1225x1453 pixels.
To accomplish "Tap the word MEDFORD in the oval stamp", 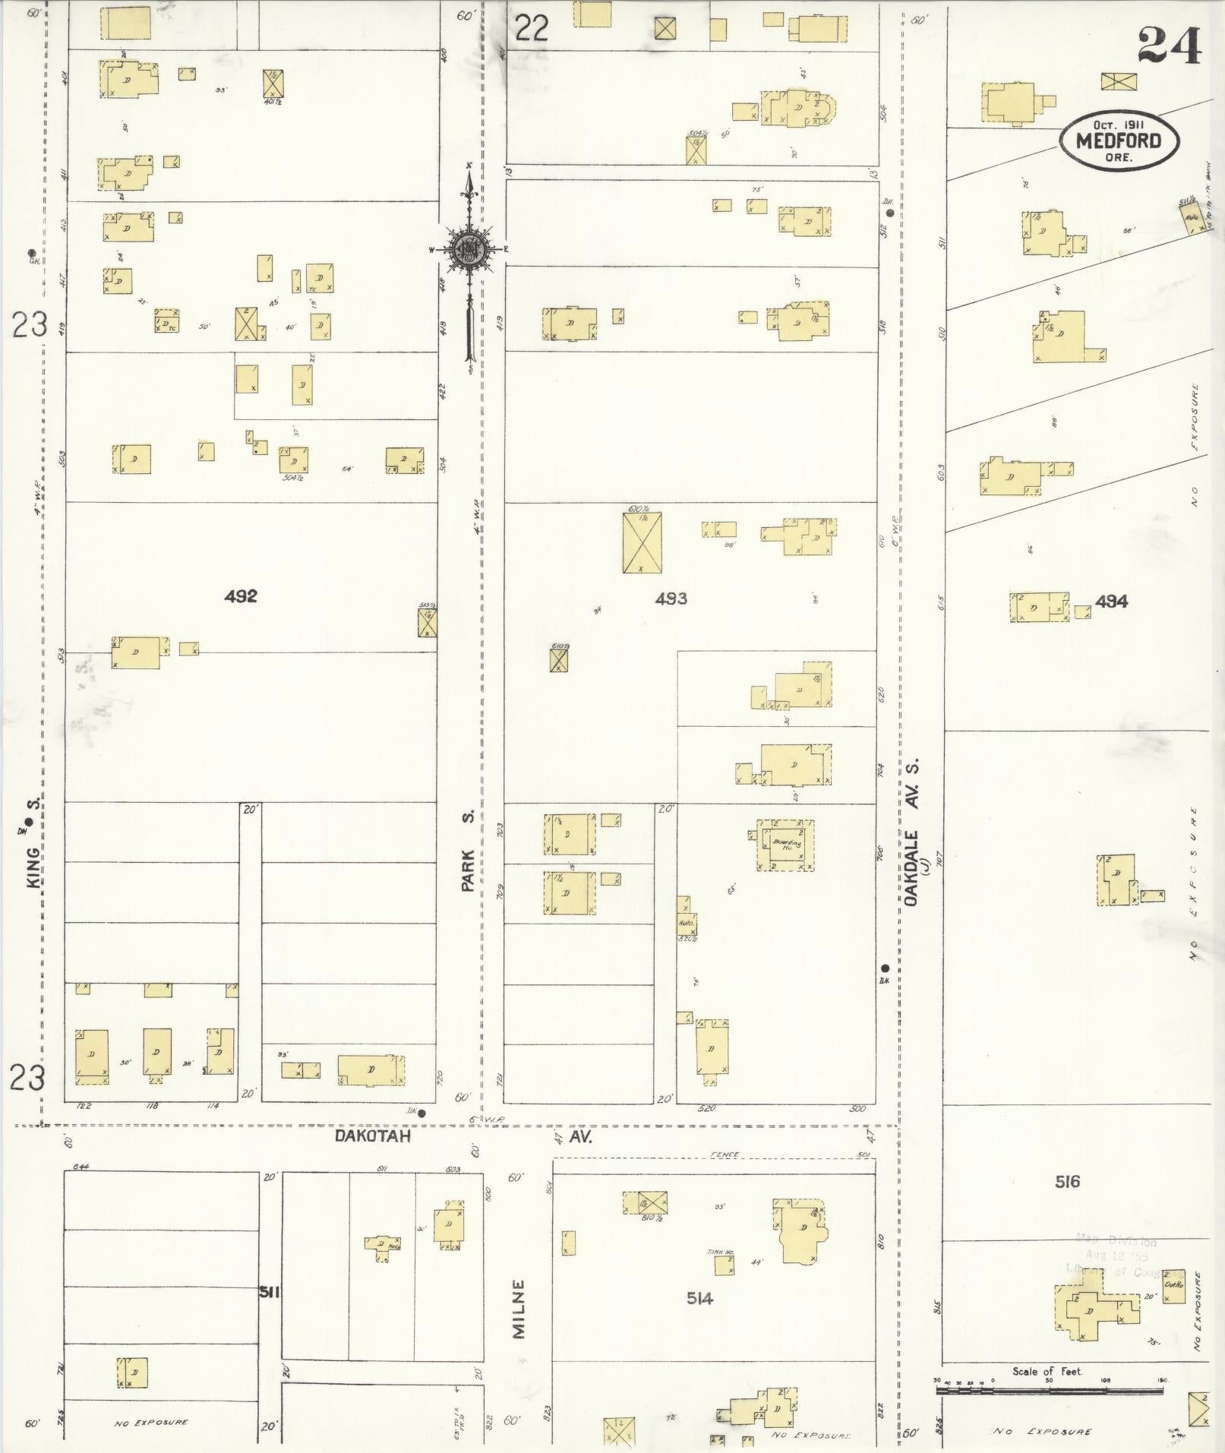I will pos(1119,141).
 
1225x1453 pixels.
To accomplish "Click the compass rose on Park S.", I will pos(469,248).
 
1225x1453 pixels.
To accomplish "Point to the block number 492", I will pos(241,596).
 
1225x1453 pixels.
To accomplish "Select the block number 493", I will pos(671,599).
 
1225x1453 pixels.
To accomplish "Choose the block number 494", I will pos(1111,602).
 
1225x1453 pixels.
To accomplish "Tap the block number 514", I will pos(699,1298).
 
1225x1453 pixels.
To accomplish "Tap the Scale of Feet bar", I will pos(1049,1390).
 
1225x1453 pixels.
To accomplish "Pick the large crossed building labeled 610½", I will pos(642,542).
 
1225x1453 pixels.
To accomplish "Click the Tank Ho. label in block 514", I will pos(718,1252).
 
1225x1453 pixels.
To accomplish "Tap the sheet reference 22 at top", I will pos(532,29).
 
